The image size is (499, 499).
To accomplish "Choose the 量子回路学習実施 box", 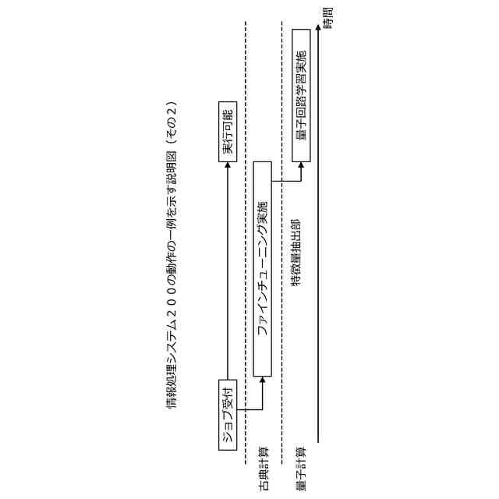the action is [x=301, y=96].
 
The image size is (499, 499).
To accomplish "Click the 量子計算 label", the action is [x=301, y=459].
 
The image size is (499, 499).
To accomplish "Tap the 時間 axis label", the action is [x=327, y=18].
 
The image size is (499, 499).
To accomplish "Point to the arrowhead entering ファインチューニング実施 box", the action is [x=263, y=380].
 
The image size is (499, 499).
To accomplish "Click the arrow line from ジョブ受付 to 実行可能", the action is [x=227, y=273].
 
